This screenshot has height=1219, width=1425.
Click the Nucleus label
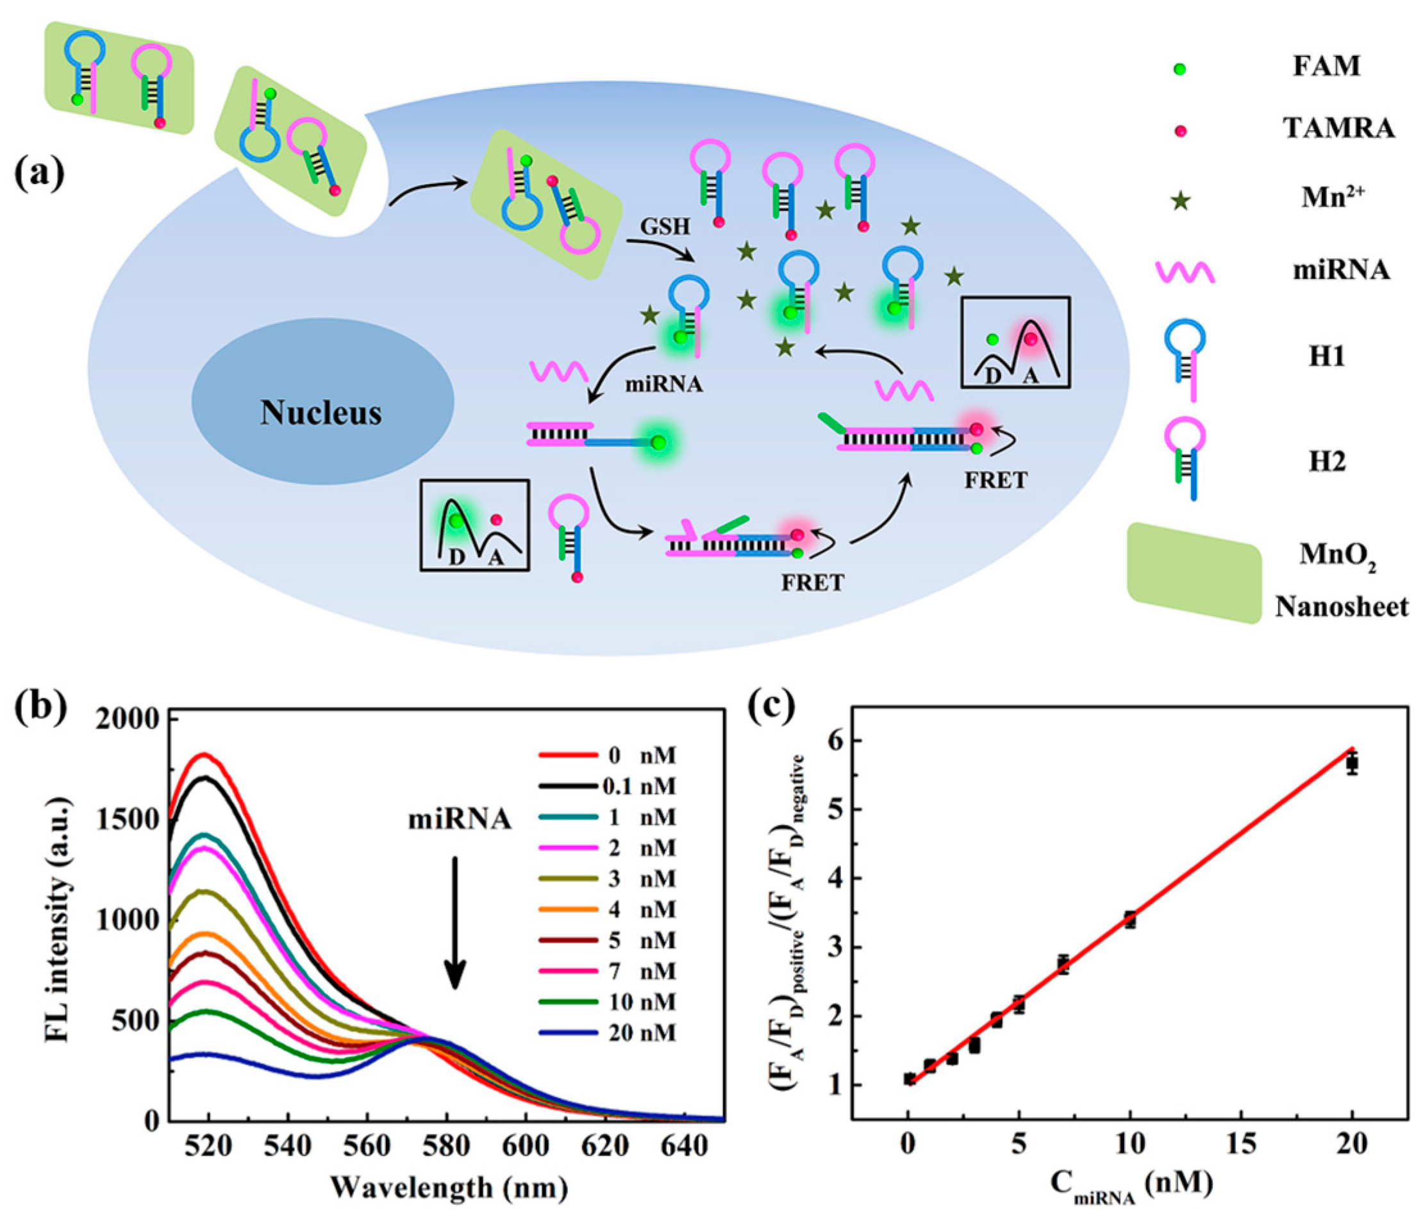click(321, 413)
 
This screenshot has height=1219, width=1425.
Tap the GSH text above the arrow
click(665, 226)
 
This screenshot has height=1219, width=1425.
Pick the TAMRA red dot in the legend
click(1180, 131)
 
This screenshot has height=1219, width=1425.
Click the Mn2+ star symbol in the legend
click(1181, 201)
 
